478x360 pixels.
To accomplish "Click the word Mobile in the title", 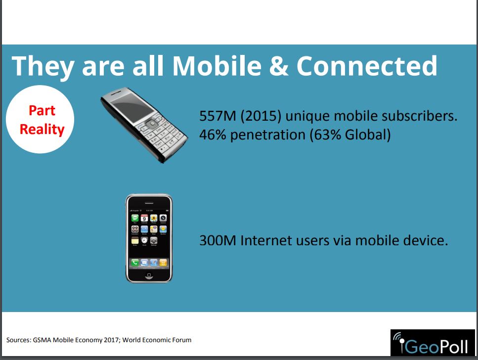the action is (217, 66).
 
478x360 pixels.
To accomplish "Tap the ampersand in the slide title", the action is (279, 66).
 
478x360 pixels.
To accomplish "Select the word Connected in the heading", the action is (367, 66).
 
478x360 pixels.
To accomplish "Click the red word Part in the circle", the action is (42, 110).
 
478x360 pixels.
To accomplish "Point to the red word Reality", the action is (42, 130).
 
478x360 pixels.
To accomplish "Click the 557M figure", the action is (217, 116).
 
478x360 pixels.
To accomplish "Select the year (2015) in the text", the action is (261, 116).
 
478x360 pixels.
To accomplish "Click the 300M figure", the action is (217, 240).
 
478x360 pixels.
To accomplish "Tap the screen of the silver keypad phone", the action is (131, 107).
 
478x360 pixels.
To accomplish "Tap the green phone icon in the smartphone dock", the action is (135, 263).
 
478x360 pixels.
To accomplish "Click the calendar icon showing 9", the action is (144, 218).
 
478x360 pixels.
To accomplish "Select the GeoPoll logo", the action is (433, 343).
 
